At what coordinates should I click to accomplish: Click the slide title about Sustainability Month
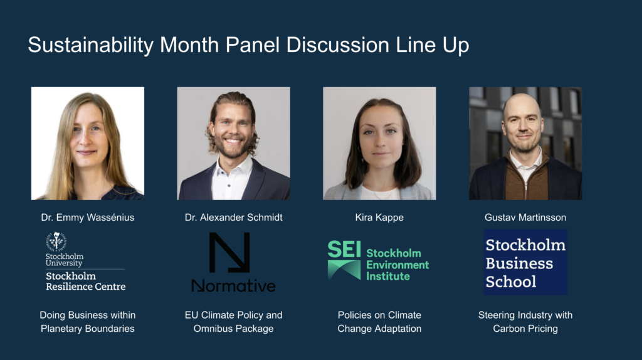click(248, 45)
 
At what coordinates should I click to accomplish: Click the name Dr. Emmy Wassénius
click(88, 218)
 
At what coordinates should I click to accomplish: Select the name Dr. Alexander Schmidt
click(233, 218)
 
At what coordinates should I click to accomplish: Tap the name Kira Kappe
click(379, 218)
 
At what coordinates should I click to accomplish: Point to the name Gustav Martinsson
click(525, 218)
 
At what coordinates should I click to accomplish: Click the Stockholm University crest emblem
click(56, 241)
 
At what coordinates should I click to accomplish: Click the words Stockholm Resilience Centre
click(85, 282)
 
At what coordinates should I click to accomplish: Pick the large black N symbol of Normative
click(229, 252)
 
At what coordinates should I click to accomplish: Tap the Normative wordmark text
click(233, 285)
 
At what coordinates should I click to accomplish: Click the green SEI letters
click(344, 250)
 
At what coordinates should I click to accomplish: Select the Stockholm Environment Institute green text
click(397, 265)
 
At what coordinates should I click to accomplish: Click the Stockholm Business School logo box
click(525, 262)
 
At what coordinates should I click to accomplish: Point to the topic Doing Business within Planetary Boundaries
click(88, 322)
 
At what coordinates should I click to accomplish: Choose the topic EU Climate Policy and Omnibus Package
click(233, 322)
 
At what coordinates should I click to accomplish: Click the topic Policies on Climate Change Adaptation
click(379, 322)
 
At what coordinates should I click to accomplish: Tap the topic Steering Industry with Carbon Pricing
click(525, 322)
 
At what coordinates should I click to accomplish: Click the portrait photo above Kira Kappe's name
click(379, 144)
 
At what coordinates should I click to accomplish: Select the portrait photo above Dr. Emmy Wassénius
click(88, 144)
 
